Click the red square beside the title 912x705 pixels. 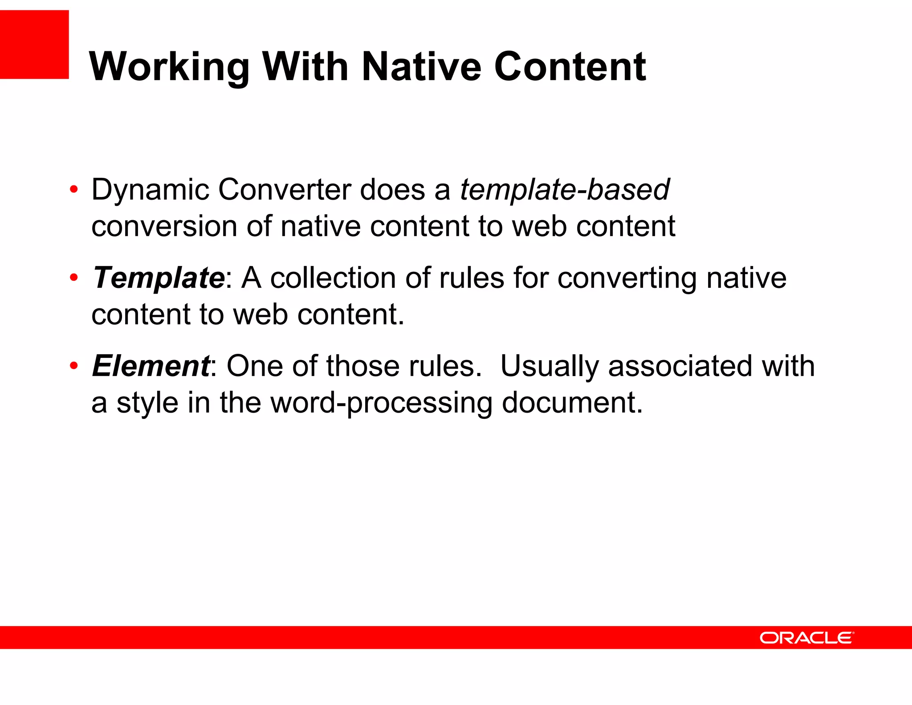[34, 45]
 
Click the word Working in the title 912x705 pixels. [169, 67]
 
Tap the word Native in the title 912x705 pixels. [421, 67]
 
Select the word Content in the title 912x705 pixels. [570, 67]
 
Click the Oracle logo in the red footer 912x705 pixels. [806, 638]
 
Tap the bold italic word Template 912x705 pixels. [159, 278]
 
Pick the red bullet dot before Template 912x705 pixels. [74, 278]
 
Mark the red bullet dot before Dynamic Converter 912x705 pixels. [74, 190]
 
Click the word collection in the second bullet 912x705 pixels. [333, 278]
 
